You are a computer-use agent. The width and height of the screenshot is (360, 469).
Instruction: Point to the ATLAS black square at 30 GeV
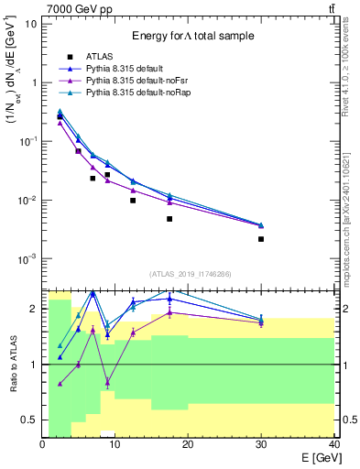pos(261,239)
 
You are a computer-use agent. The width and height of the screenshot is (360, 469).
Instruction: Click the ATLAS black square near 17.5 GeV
pos(169,219)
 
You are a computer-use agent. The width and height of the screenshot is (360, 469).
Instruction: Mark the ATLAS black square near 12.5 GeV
pos(133,201)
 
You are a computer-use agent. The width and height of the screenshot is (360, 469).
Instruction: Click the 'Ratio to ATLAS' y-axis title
pos(12,364)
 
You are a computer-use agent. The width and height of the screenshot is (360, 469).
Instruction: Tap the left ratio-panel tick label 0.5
pos(28,420)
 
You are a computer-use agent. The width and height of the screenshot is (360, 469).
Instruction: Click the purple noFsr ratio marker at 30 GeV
pos(261,322)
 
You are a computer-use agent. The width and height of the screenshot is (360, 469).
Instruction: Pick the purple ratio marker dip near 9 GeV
pos(108,382)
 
